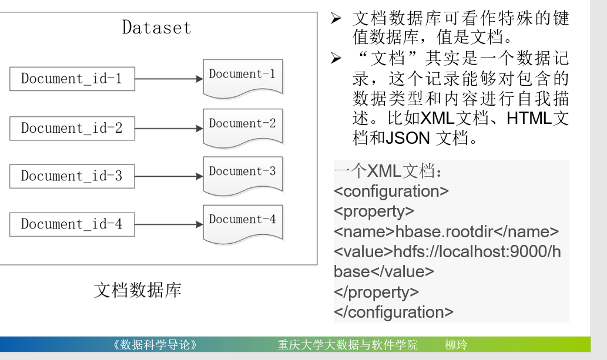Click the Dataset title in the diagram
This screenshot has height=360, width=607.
tap(156, 28)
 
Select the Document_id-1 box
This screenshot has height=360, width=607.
tap(72, 79)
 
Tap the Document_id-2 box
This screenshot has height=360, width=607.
tap(72, 128)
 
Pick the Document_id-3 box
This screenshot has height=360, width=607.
tap(72, 176)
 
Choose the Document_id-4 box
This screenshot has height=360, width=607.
tap(72, 224)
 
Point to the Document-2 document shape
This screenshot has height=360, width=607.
tap(242, 125)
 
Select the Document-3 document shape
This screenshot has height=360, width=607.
tap(242, 173)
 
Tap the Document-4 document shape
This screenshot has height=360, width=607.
tap(242, 221)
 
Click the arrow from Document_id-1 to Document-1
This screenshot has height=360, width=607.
tap(169, 79)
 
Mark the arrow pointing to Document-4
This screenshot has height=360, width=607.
tap(169, 224)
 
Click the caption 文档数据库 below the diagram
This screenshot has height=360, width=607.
tap(138, 290)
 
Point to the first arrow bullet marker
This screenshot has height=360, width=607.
tap(336, 19)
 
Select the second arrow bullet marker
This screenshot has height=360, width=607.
tap(336, 58)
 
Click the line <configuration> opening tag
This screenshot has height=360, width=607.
tap(391, 191)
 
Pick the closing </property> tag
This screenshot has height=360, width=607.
tap(376, 292)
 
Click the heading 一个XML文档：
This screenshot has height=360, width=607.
tap(388, 171)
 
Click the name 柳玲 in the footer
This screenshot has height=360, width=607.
tap(457, 345)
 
